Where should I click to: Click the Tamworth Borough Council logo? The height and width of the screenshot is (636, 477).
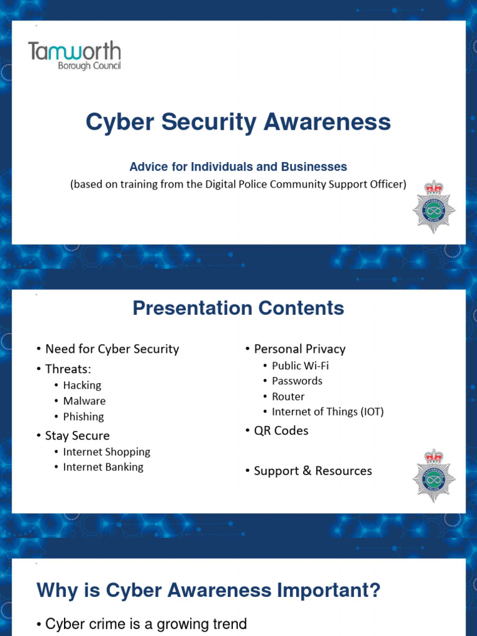tap(75, 55)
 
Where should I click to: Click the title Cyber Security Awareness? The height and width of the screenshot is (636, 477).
tap(238, 122)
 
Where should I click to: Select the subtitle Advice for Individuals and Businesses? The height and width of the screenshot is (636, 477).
tap(238, 166)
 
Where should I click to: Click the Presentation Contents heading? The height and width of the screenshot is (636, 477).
tap(238, 308)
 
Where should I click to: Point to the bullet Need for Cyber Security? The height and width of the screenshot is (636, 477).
tap(112, 349)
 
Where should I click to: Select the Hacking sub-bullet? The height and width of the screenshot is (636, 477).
tap(82, 385)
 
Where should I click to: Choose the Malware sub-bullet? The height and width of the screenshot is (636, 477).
tap(84, 401)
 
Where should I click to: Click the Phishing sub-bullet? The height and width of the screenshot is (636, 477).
tap(83, 417)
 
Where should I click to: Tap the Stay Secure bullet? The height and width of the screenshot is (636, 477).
tap(77, 435)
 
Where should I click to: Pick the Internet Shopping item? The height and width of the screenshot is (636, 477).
tap(106, 452)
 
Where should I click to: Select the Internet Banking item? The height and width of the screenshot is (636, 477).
tap(103, 467)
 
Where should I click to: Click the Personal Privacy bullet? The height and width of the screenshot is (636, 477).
tap(299, 349)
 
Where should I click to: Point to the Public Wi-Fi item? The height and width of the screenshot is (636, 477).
tap(300, 365)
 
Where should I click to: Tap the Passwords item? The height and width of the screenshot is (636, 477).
tap(297, 381)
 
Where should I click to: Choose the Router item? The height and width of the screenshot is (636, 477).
tap(288, 396)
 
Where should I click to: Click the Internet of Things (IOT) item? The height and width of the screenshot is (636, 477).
tap(327, 412)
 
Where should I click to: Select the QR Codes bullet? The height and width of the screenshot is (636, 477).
tap(281, 430)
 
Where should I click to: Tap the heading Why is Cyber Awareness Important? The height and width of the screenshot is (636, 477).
tap(209, 591)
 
